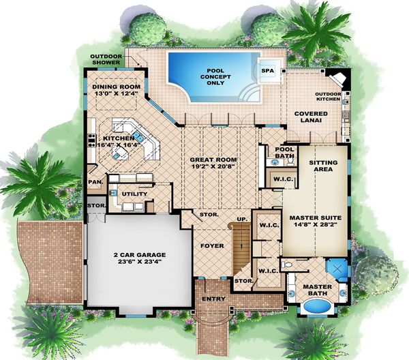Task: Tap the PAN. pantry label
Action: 95,182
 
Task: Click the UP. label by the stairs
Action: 241,219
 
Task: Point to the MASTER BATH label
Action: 316,290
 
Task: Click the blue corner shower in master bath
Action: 336,268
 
